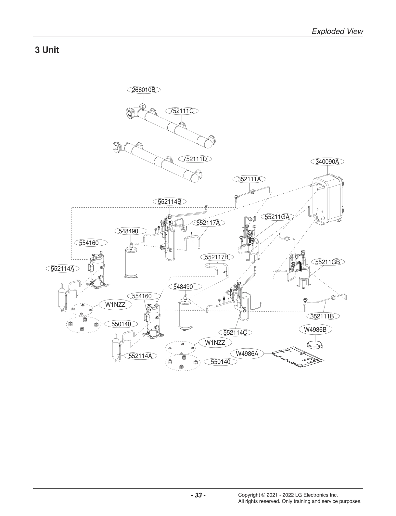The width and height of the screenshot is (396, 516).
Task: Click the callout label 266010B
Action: [144, 90]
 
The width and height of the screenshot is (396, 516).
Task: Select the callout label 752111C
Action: [182, 111]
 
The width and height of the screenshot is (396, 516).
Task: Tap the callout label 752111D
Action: [195, 159]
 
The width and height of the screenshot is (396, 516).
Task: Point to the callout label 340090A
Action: [327, 161]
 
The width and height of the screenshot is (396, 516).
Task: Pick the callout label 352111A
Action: [249, 179]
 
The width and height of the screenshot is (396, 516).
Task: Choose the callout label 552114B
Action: [169, 201]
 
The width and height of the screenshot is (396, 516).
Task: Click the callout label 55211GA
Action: [277, 216]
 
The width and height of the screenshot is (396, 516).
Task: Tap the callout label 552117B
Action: [217, 257]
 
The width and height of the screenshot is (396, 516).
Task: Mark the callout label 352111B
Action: [322, 316]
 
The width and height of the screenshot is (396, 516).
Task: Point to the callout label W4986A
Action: [247, 353]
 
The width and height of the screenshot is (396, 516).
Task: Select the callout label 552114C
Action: [235, 332]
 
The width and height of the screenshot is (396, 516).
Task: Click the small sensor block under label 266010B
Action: [142, 106]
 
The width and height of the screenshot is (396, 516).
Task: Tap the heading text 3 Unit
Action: [47, 50]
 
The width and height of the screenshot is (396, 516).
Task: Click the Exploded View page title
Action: [337, 31]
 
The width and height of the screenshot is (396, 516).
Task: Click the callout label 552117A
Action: [208, 223]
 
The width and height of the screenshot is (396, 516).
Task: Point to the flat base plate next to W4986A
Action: [298, 358]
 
